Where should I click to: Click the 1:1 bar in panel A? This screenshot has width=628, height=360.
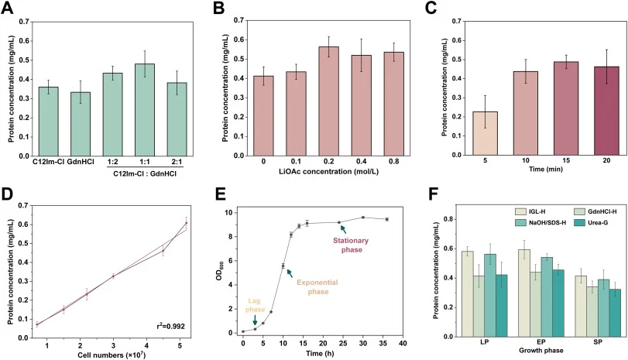coord(145,110)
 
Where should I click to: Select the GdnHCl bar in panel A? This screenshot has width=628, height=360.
coord(81,124)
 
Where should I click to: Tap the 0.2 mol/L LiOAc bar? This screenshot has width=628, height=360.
coord(329,101)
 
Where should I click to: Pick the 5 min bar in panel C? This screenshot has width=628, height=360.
coord(485,133)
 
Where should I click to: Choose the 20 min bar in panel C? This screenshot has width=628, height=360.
coord(606,111)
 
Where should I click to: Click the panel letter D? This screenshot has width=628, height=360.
coord(8,194)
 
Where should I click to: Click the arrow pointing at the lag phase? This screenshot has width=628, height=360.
coord(255,320)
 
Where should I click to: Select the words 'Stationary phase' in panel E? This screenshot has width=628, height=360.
coord(351,245)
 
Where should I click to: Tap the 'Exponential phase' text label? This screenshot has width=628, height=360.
coord(317,287)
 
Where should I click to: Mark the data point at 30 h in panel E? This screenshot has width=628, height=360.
coord(363,218)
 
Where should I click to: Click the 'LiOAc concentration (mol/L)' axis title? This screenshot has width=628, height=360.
coord(328,171)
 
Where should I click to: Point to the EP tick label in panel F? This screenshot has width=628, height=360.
coord(541,343)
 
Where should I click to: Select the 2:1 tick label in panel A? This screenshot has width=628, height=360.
coord(177,162)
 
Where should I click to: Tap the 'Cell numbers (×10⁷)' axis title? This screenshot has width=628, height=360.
coord(112,355)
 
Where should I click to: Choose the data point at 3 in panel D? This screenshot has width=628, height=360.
coord(113,276)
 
